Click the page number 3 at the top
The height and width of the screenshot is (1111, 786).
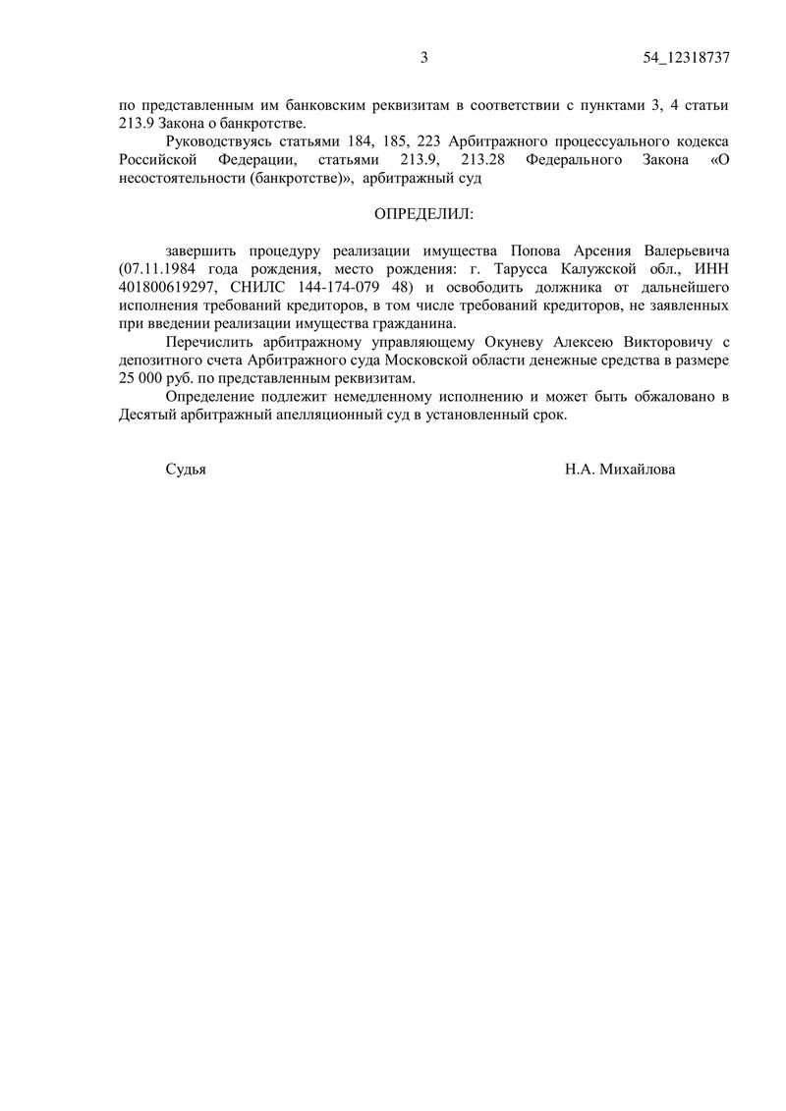[x=424, y=58]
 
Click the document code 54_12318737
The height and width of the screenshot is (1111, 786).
[x=687, y=58]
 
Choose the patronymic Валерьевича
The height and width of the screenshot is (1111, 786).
[x=682, y=250]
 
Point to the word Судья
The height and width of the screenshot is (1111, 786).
[x=186, y=470]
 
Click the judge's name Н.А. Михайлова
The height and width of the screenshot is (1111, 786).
[x=620, y=470]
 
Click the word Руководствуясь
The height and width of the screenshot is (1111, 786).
[x=221, y=141]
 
